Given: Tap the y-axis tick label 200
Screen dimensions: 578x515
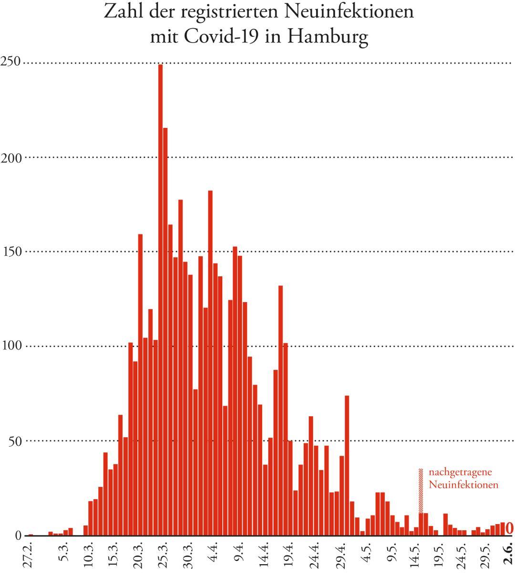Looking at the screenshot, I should point(11,158).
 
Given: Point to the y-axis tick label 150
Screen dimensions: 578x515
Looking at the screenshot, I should point(11,252).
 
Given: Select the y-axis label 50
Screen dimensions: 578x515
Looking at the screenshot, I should point(14,441).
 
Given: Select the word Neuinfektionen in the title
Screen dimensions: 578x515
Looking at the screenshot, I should point(349,11).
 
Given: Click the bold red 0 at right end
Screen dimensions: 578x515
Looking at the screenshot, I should point(509,528).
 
